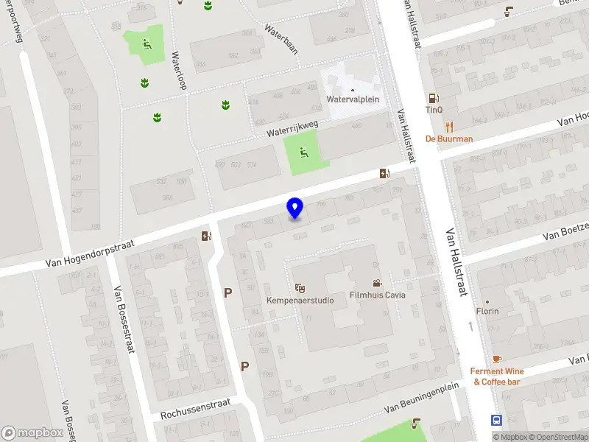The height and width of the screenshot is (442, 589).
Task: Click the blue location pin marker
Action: coord(294,208)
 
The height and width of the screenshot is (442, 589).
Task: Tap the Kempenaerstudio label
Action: coord(300,300)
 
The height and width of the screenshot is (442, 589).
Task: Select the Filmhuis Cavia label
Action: coord(378,295)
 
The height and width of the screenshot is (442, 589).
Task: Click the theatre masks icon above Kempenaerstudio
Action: coord(299,287)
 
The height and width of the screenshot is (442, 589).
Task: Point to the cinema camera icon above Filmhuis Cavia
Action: coord(377,283)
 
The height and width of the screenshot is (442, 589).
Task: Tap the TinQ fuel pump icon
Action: coord(434,98)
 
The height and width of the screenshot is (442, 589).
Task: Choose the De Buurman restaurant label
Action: coord(449,138)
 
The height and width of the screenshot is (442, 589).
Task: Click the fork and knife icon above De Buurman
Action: coord(449,126)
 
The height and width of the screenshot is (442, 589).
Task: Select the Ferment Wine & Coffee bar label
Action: coord(497,376)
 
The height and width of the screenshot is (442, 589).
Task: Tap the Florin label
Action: coord(487,312)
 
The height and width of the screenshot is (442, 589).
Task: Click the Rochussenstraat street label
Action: coord(195,409)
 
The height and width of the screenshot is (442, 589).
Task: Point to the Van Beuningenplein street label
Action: coord(422,397)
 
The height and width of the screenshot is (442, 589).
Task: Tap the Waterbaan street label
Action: coord(281,40)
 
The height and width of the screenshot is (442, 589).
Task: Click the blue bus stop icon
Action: coord(497,421)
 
